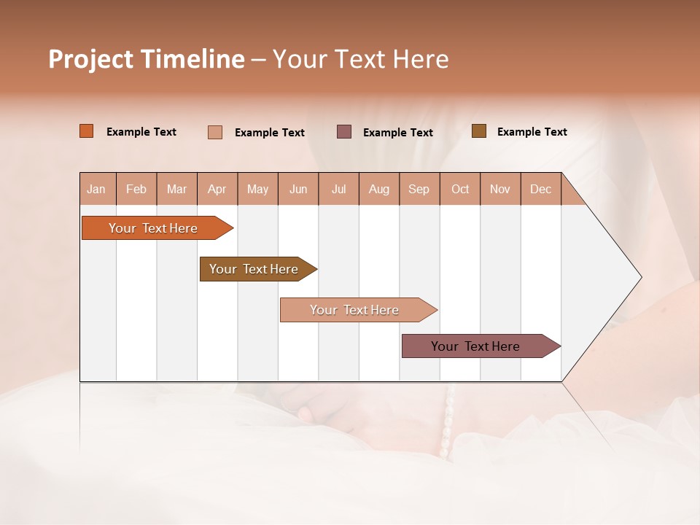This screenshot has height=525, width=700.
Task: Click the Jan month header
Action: tap(97, 189)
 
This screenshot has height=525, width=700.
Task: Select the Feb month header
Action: tap(136, 189)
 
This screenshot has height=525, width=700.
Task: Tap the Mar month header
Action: tap(176, 189)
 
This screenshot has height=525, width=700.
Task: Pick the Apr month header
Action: tap(217, 189)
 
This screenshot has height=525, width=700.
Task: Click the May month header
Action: tap(257, 189)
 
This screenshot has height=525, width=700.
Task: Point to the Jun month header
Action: tap(298, 189)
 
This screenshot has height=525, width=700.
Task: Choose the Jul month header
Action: tap(338, 189)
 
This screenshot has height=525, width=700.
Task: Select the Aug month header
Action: tap(378, 189)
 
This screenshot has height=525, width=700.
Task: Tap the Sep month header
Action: tap(419, 189)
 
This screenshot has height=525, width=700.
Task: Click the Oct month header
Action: tap(460, 189)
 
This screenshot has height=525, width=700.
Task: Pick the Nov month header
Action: tap(500, 189)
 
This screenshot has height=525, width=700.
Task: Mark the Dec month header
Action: tap(540, 189)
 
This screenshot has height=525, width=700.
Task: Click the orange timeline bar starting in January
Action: tap(154, 228)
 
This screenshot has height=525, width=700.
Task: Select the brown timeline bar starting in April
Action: tap(254, 269)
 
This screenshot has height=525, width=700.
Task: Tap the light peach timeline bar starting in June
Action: tap(355, 310)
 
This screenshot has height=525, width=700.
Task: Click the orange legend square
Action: tap(87, 131)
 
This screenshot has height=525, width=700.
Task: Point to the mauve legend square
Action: tap(344, 131)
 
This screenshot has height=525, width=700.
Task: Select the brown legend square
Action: tap(479, 131)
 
